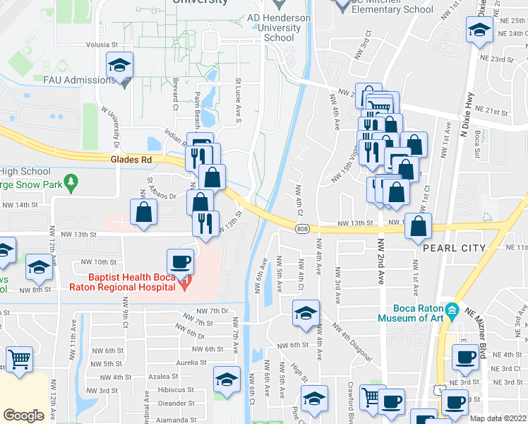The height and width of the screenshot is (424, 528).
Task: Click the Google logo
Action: pos(24,416)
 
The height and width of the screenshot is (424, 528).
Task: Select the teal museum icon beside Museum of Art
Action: pos(452,310)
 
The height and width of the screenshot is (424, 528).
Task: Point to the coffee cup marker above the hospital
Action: pos(180,261)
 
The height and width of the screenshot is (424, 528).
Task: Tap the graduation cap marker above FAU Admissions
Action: pos(120,66)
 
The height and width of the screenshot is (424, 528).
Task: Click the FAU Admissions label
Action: pos(79,80)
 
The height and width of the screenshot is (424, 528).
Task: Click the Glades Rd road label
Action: pos(131,160)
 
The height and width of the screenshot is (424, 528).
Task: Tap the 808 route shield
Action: pos(302,228)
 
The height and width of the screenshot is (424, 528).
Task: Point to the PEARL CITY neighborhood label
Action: pos(454,248)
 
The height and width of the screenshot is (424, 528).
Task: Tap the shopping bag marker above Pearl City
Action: pos(419,225)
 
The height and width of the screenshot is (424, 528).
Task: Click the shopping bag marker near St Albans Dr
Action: pos(144,211)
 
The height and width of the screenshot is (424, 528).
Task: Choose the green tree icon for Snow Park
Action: pos(70,184)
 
